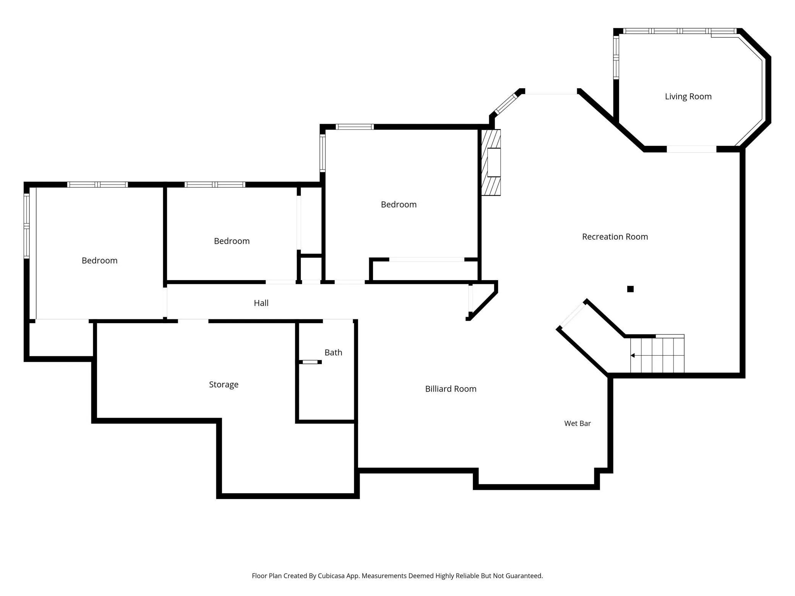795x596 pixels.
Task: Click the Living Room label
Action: pos(688,97)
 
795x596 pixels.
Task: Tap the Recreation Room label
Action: pos(615,237)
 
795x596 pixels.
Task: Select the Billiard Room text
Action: pos(451,389)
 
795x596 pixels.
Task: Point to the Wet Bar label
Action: pos(578,423)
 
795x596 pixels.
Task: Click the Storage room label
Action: pos(224,385)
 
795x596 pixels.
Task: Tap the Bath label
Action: pos(333,353)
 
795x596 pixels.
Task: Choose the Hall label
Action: pos(261,303)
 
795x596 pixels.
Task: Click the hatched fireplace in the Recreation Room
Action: pos(491,162)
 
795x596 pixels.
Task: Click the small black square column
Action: pos(630,289)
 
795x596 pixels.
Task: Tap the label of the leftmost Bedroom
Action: pos(99,261)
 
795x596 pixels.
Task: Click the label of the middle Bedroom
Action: pos(232,241)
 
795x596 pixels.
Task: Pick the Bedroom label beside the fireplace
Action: pos(399,204)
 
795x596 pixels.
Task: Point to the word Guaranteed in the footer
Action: pos(524,576)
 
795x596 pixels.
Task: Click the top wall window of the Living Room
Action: pos(680,31)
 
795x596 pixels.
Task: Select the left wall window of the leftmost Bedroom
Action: pos(26,225)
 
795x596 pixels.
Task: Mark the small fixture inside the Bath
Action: pos(310,362)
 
